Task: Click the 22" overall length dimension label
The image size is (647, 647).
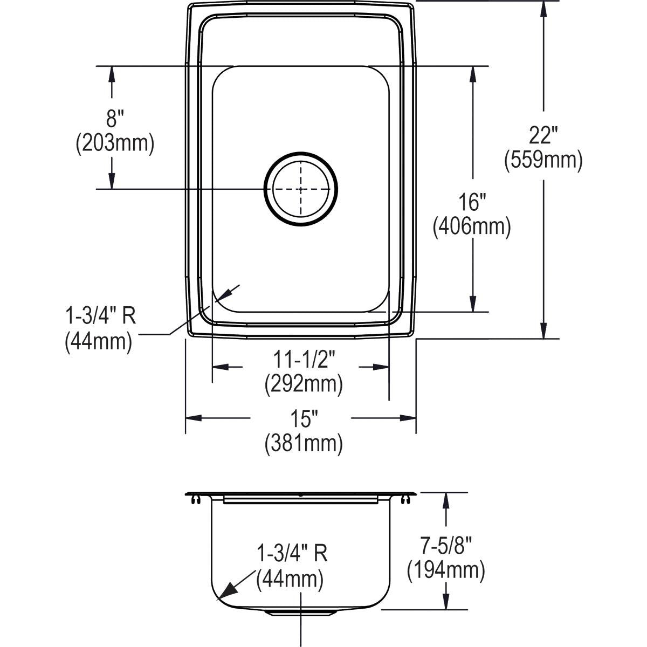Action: point(543,135)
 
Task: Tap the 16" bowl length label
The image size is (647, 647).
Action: point(472,202)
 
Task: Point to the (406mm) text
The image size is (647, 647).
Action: point(472,228)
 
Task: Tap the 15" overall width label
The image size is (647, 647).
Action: point(304,419)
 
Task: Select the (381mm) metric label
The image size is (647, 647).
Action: point(304,444)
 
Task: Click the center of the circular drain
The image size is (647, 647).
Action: point(300,189)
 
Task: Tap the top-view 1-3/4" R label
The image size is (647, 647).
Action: point(100,316)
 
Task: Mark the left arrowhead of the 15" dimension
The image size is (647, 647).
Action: point(194,418)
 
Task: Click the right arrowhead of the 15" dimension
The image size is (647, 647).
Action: point(408,418)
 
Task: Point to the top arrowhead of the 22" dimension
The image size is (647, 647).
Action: point(543,9)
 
